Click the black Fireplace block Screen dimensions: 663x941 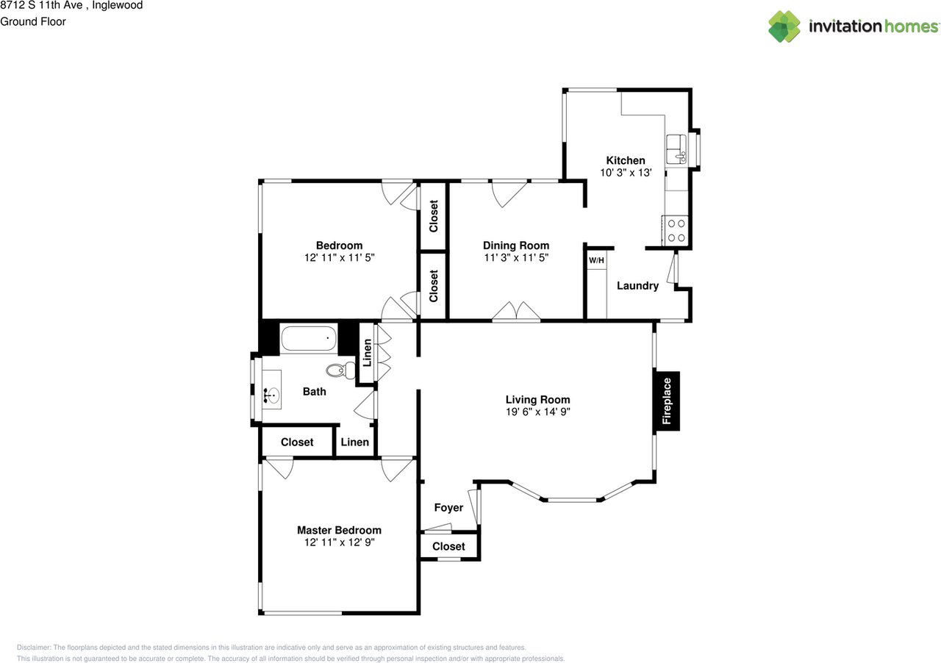667,401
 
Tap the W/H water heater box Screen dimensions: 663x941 596,260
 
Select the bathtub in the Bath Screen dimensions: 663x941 309,340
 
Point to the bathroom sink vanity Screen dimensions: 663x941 271,396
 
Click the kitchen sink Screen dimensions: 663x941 676,150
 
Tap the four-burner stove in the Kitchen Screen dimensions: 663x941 675,230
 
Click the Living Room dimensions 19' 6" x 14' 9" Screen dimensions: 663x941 537,412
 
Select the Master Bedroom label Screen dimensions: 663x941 339,530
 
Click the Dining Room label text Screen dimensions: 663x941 515,246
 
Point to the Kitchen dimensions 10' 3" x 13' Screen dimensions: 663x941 625,173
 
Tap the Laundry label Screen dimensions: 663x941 637,286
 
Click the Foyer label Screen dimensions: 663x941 448,508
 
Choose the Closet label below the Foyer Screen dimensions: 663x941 448,547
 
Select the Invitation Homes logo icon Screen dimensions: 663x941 784,26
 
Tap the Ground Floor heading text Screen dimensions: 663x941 33,22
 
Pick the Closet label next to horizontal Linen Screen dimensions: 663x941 297,442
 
